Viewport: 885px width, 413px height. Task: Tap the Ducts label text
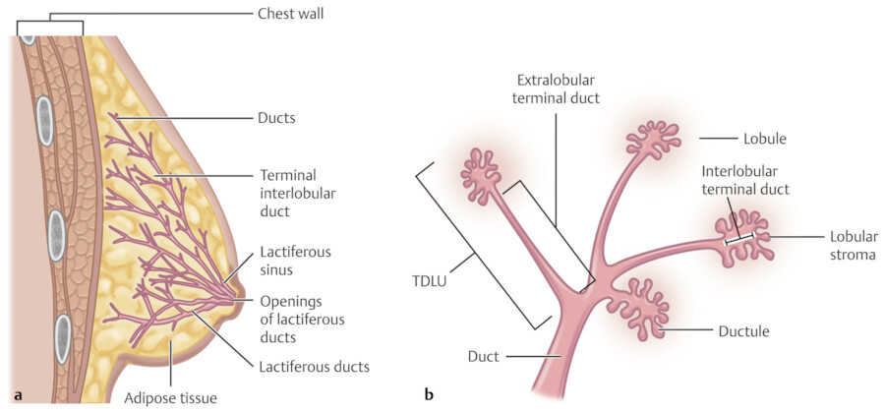point(277,118)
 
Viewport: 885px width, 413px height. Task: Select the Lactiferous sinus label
point(295,261)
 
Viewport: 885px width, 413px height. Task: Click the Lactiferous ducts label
point(315,367)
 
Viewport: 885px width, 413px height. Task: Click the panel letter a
point(19,396)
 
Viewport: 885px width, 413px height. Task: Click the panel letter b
point(429,396)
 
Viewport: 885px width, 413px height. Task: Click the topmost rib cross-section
point(29,38)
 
